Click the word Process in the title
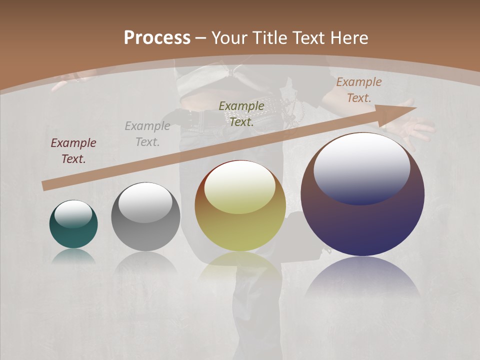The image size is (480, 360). pyautogui.click(x=157, y=38)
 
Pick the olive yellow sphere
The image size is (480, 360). pyautogui.click(x=240, y=206)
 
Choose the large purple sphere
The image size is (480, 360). pyautogui.click(x=362, y=195)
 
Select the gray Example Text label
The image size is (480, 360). pyautogui.click(x=147, y=134)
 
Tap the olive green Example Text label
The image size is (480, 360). pyautogui.click(x=241, y=113)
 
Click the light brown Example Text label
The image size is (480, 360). pyautogui.click(x=359, y=90)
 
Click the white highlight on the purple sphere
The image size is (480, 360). pyautogui.click(x=361, y=167)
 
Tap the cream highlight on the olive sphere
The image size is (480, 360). pyautogui.click(x=239, y=186)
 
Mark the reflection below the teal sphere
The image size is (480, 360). pyautogui.click(x=73, y=256)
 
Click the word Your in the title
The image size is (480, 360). pyautogui.click(x=227, y=38)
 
